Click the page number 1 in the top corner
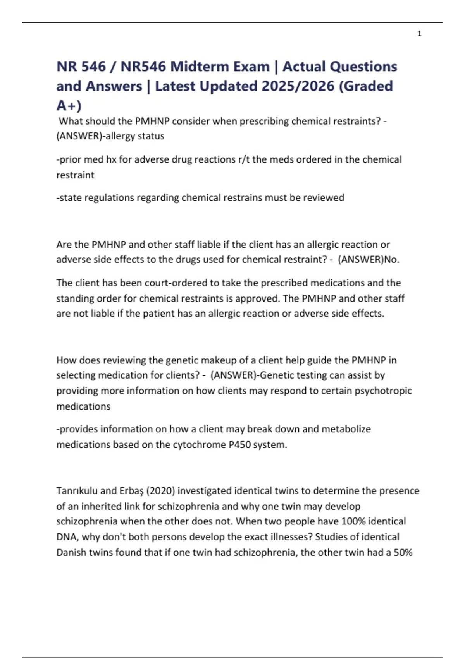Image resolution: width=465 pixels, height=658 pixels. tap(419, 34)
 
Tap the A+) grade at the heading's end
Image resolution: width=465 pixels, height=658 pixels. tap(69, 105)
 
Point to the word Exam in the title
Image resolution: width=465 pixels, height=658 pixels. tap(252, 67)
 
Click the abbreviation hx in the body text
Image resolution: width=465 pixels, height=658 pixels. tap(111, 159)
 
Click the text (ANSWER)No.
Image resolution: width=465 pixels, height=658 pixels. tap(369, 259)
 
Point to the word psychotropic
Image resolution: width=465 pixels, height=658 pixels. tap(383, 391)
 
